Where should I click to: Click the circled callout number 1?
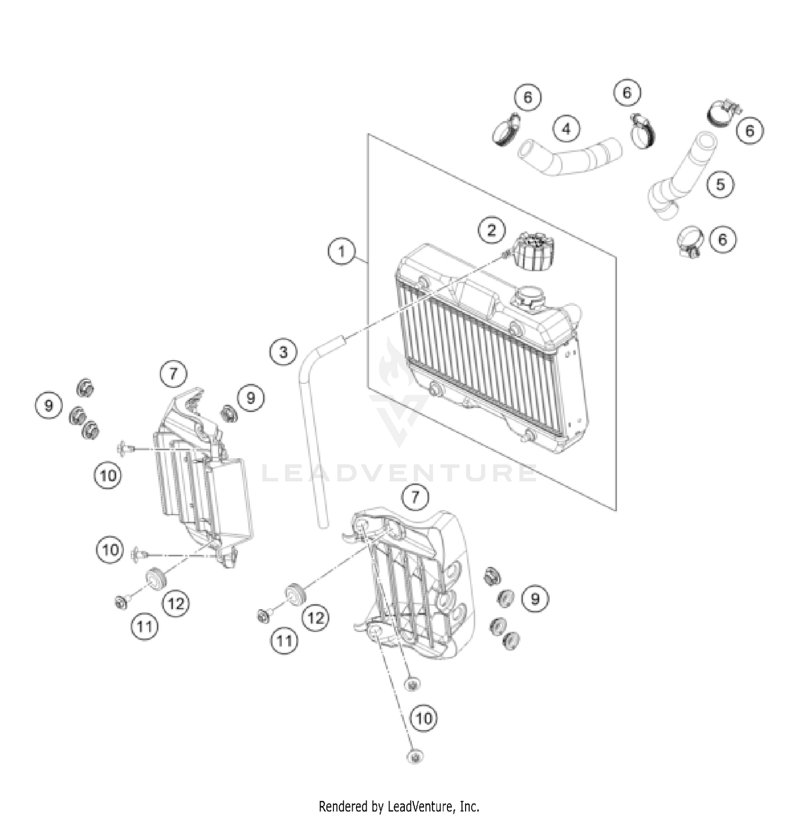click(341, 250)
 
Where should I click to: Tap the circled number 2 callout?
click(491, 230)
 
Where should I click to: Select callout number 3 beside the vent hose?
click(283, 352)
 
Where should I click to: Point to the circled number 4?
click(566, 129)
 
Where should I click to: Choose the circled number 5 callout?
click(720, 184)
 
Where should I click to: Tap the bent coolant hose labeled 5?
click(682, 176)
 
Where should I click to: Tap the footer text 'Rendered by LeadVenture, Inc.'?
click(399, 806)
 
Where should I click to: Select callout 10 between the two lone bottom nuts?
click(423, 718)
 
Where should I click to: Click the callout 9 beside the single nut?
click(250, 398)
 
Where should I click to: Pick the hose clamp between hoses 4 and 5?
click(642, 131)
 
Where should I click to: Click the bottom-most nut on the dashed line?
click(414, 756)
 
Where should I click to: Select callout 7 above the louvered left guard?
click(174, 374)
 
